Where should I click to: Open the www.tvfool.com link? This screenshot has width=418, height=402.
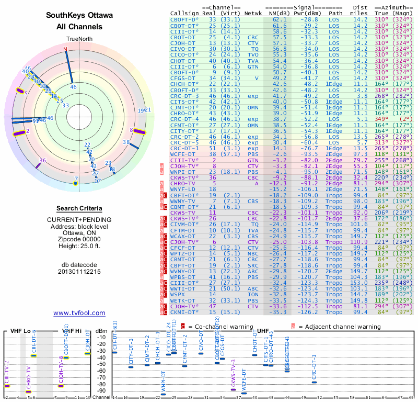pos(79,313)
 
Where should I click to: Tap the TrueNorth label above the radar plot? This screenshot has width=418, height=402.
pos(79,39)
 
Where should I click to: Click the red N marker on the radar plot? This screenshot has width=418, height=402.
pos(65,50)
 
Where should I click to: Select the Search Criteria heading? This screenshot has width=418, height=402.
pos(79,208)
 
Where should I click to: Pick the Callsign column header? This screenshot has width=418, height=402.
pos(185,13)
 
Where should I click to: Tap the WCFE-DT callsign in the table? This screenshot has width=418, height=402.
pos(182,154)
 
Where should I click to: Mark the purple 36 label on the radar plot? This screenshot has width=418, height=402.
pos(43,161)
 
